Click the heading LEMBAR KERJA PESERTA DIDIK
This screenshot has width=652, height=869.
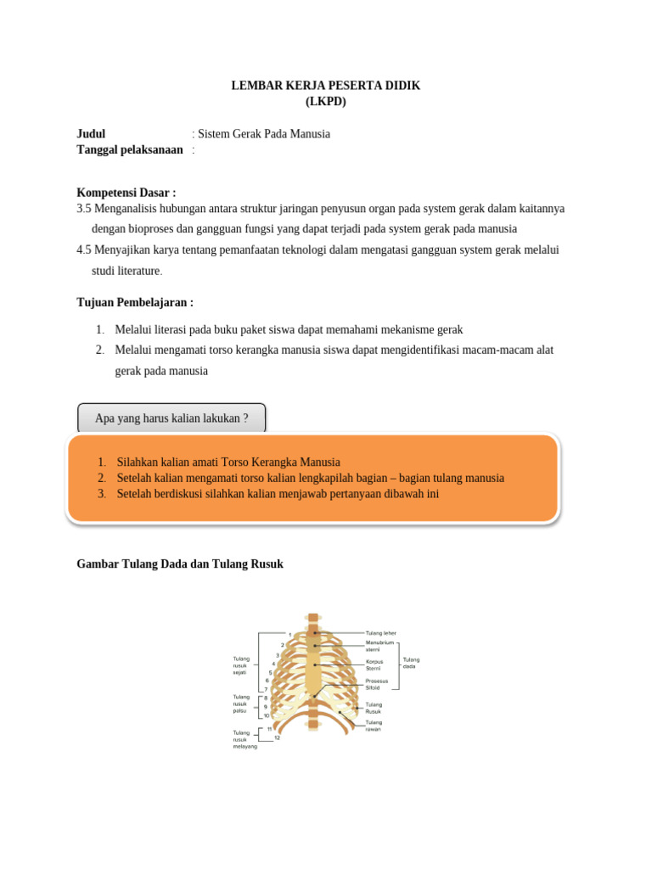point(326,86)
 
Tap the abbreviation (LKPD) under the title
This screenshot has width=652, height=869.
point(326,101)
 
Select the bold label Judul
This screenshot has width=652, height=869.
point(91,134)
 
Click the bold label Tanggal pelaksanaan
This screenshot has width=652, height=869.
point(130,149)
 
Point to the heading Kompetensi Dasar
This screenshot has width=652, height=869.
point(126,193)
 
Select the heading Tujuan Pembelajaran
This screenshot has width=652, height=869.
point(135,302)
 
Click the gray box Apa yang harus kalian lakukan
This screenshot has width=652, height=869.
point(171,418)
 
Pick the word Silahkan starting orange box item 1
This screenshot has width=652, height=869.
point(137,463)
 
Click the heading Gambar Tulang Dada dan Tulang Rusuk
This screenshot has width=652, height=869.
point(180,563)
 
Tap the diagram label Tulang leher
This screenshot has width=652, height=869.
point(380,633)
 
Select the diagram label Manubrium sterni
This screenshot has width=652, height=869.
point(379,646)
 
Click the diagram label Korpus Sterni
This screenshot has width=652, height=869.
point(375,664)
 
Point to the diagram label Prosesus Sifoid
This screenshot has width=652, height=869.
point(377,684)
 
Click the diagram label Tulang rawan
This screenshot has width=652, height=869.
point(374,726)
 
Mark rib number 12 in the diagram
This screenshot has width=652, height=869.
point(277,737)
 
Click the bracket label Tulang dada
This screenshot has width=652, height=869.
point(411,663)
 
